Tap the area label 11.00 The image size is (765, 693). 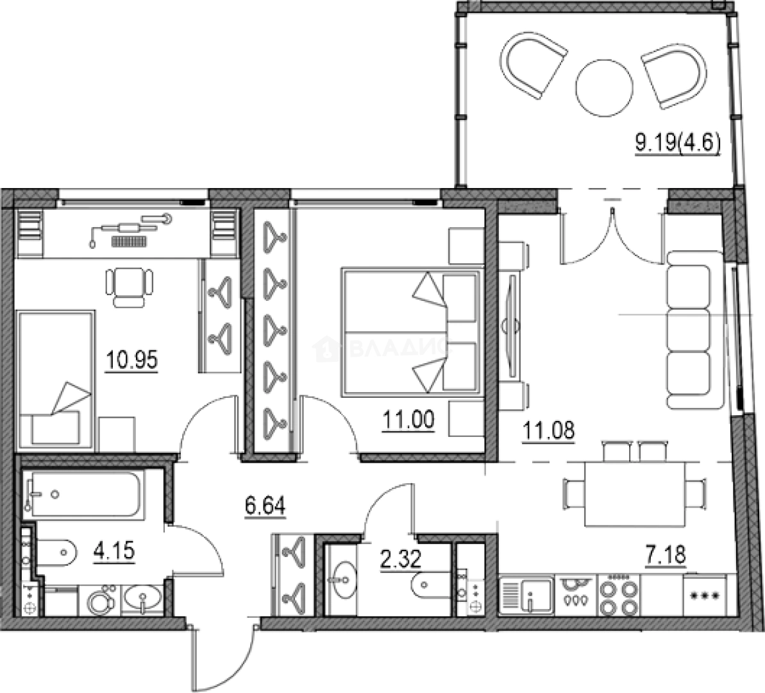408,420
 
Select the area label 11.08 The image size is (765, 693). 548,431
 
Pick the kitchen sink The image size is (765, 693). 526,595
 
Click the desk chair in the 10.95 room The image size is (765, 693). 130,287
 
